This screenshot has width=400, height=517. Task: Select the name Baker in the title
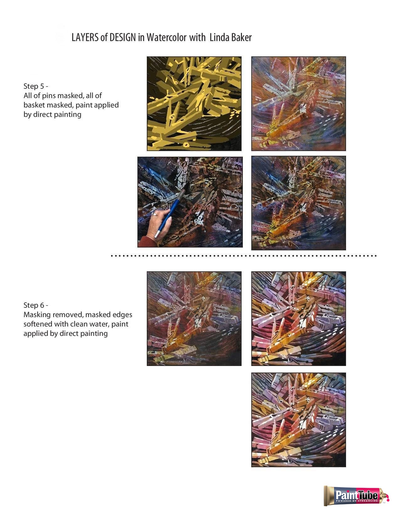click(x=242, y=38)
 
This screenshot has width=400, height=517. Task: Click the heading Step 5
click(x=36, y=86)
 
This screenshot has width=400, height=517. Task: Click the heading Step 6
click(x=36, y=305)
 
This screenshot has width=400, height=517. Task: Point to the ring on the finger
click(x=155, y=215)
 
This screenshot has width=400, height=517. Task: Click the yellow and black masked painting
click(x=194, y=103)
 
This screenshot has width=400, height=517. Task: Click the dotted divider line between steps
click(x=243, y=256)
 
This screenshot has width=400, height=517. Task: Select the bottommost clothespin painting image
click(x=298, y=420)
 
